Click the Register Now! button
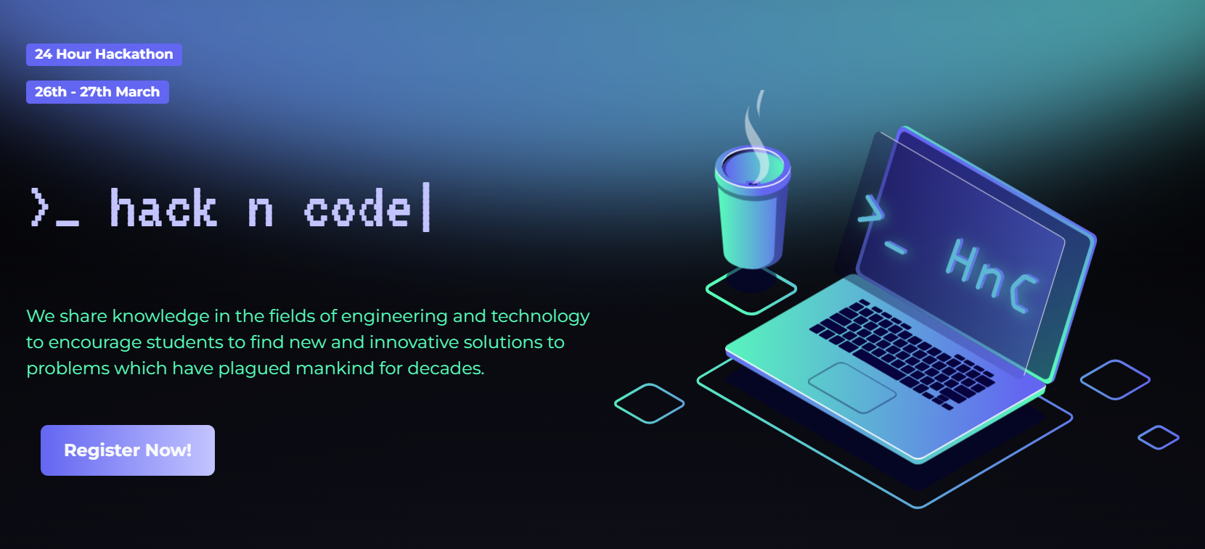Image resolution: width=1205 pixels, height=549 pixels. [x=128, y=450]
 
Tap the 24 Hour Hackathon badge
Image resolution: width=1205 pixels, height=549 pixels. [x=104, y=54]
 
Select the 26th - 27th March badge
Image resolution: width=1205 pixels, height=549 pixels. [x=97, y=92]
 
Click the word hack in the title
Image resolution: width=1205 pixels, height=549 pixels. [x=163, y=208]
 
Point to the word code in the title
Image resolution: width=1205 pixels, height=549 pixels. [x=358, y=209]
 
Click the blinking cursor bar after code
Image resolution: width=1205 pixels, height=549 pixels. [x=426, y=207]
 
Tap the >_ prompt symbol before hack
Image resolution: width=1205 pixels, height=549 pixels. [x=54, y=208]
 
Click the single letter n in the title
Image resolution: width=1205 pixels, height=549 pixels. [x=261, y=212]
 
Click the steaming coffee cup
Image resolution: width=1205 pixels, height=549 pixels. [x=752, y=207]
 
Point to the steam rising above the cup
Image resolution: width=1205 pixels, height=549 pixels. [x=756, y=134]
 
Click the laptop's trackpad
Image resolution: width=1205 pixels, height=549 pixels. [x=852, y=388]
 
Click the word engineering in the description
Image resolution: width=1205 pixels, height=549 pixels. [x=394, y=317]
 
